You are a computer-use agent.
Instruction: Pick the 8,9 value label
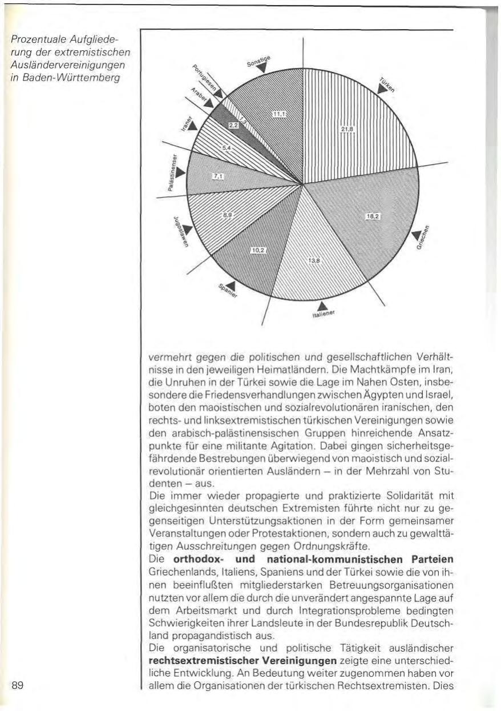[x=227, y=214]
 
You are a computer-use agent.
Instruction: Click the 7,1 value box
[x=217, y=177]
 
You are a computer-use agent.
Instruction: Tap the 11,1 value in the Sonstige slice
[x=278, y=115]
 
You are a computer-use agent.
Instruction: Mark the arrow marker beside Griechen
[x=418, y=234]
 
